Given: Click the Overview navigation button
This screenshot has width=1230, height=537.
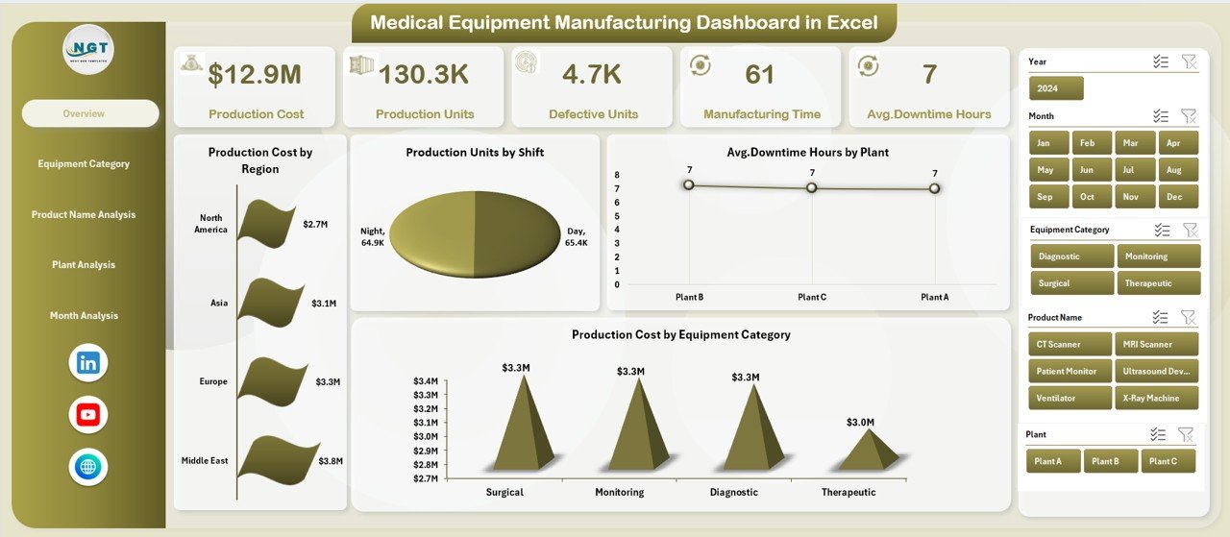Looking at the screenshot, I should point(90,113).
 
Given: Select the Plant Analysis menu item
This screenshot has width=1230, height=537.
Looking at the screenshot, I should point(84,265).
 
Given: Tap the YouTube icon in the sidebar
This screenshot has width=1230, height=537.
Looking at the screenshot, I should point(88,415).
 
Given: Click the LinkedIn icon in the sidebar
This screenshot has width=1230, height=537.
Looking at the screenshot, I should point(88,363).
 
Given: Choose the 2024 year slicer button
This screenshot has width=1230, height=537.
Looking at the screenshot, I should point(1056,88).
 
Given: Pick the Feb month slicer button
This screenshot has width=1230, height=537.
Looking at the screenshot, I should point(1088,143).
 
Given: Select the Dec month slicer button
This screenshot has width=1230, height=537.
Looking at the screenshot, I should point(1173,197).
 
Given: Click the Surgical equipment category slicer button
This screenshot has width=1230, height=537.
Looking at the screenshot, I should point(1071,283).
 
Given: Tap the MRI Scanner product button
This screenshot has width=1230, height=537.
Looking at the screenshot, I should point(1156,344).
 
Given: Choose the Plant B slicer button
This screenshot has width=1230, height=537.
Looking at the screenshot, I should point(1111,461).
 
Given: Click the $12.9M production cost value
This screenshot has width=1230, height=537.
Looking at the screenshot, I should point(256,74).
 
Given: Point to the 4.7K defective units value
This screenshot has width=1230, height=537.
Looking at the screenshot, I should point(593,74).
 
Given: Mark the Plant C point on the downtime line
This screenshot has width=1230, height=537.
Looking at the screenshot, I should point(811,187).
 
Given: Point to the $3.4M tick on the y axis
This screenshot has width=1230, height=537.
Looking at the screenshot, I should point(425,380).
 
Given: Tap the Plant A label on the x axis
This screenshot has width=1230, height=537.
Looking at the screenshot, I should point(933,298).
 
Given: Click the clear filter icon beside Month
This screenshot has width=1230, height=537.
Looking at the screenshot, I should point(1189,116).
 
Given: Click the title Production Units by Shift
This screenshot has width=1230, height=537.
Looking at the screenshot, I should point(475,152).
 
